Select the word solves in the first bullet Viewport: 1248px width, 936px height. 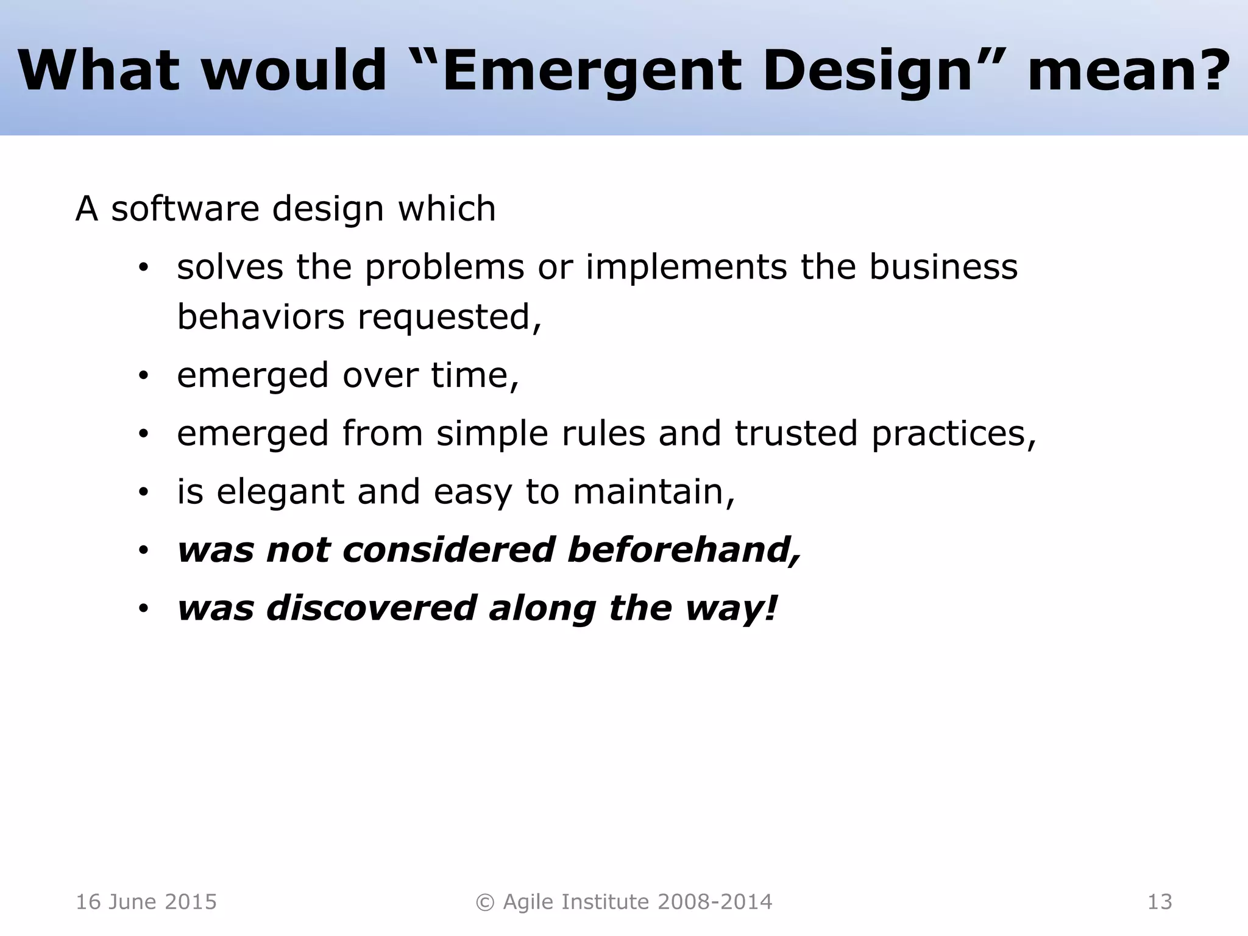tap(230, 267)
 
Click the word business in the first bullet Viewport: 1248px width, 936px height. tap(943, 267)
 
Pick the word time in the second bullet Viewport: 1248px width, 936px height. tap(474, 374)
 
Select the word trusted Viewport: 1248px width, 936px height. tap(796, 433)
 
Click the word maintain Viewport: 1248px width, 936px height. tap(653, 491)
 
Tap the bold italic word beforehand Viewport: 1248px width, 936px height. tap(684, 550)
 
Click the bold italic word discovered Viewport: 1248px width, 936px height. tap(371, 608)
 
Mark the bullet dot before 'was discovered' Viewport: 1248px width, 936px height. tap(143, 609)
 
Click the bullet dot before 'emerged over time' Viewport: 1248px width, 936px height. tap(143, 376)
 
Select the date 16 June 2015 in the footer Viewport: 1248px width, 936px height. tap(146, 902)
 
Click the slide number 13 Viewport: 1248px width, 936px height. tap(1160, 902)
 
